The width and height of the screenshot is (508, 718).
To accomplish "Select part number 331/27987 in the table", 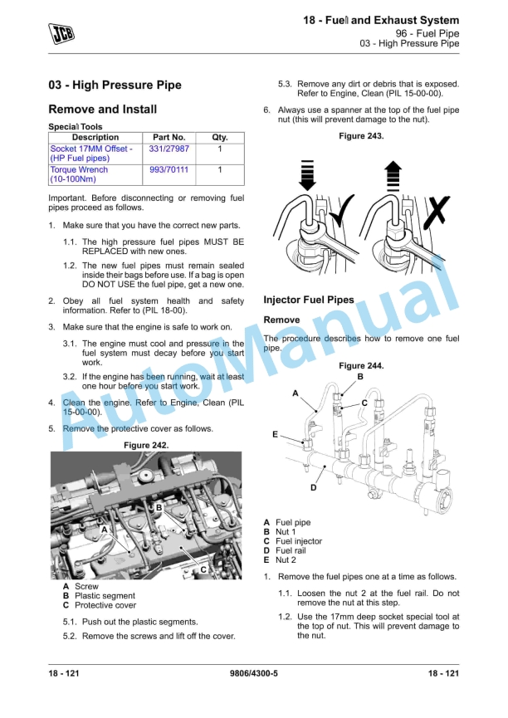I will pyautogui.click(x=169, y=149).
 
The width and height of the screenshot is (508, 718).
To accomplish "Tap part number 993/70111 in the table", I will pyautogui.click(x=169, y=169).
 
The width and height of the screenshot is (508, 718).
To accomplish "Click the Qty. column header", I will pyautogui.click(x=219, y=137).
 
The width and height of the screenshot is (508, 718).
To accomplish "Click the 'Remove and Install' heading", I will pyautogui.click(x=103, y=110).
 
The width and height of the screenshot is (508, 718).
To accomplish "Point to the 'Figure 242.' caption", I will pyautogui.click(x=146, y=446).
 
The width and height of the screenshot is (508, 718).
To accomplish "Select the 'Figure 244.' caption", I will pyautogui.click(x=361, y=366).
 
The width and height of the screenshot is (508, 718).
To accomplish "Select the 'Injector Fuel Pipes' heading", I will pyautogui.click(x=309, y=300).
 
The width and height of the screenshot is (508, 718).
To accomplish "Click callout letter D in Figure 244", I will pyautogui.click(x=313, y=487).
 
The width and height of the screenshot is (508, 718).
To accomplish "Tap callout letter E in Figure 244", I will pyautogui.click(x=275, y=435).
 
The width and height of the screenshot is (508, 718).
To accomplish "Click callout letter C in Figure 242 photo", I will pyautogui.click(x=203, y=569).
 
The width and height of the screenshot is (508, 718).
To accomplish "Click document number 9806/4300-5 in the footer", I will pyautogui.click(x=253, y=673).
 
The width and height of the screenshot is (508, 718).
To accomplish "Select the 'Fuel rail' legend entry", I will pyautogui.click(x=291, y=550).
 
